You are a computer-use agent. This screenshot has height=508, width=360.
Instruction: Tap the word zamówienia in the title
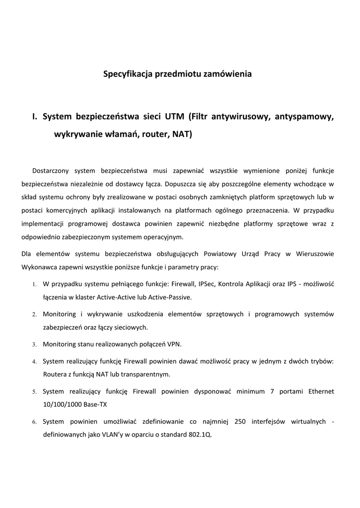228,74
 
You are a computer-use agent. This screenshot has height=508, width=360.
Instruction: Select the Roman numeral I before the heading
34,117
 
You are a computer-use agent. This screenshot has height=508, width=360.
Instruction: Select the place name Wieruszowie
315,254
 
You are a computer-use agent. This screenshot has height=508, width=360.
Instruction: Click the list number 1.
34,285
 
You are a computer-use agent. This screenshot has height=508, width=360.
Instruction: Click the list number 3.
34,344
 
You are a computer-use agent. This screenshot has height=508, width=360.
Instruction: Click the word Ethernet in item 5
321,391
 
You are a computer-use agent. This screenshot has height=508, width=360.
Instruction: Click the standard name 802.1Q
200,435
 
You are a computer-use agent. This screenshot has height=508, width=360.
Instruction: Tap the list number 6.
34,422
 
